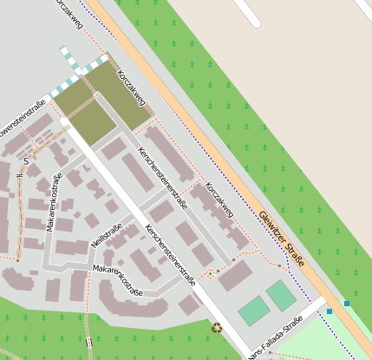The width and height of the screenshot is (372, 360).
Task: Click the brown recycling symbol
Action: click(x=217, y=327)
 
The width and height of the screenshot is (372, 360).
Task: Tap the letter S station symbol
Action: click(x=26, y=160)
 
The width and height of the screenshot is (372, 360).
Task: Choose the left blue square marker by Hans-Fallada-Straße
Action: click(x=330, y=311)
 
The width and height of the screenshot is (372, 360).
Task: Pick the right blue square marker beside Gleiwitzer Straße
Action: click(x=347, y=303)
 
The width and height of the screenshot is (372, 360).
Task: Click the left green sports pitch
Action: click(x=253, y=310)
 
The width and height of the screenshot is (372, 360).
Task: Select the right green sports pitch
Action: click(x=281, y=296)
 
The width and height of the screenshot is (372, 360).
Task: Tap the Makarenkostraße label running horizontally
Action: click(x=117, y=280)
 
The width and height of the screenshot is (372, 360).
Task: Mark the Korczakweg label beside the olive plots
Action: click(x=131, y=88)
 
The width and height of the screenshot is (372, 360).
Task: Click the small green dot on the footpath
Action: click(x=209, y=274)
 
